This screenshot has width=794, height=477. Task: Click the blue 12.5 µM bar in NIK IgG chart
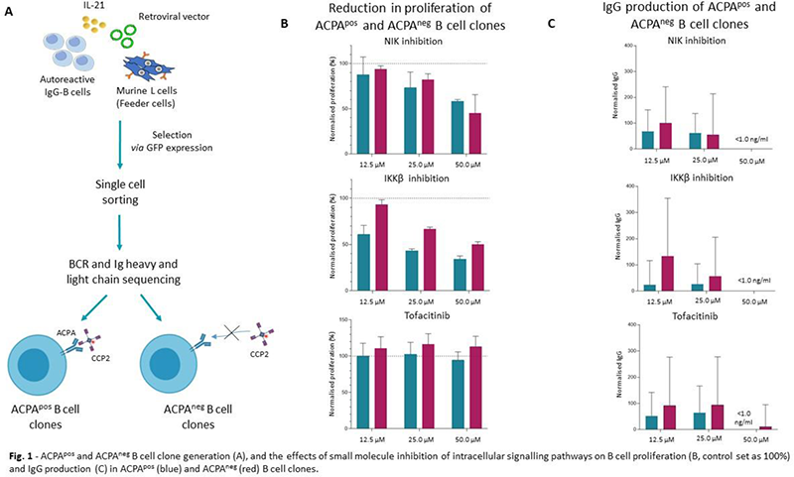[x=647, y=139]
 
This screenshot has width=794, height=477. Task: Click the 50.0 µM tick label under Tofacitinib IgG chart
[x=759, y=437]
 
